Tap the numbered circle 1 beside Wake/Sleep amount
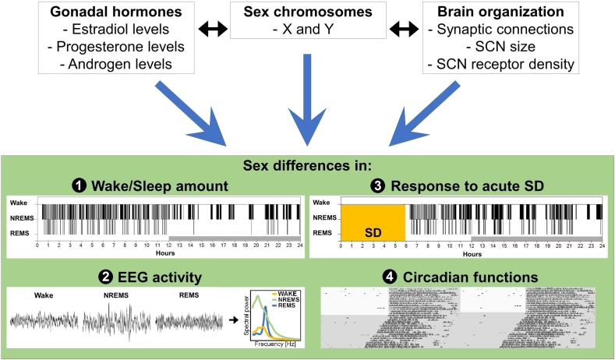point(79,187)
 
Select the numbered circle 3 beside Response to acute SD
point(376,187)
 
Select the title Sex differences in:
point(306,165)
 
